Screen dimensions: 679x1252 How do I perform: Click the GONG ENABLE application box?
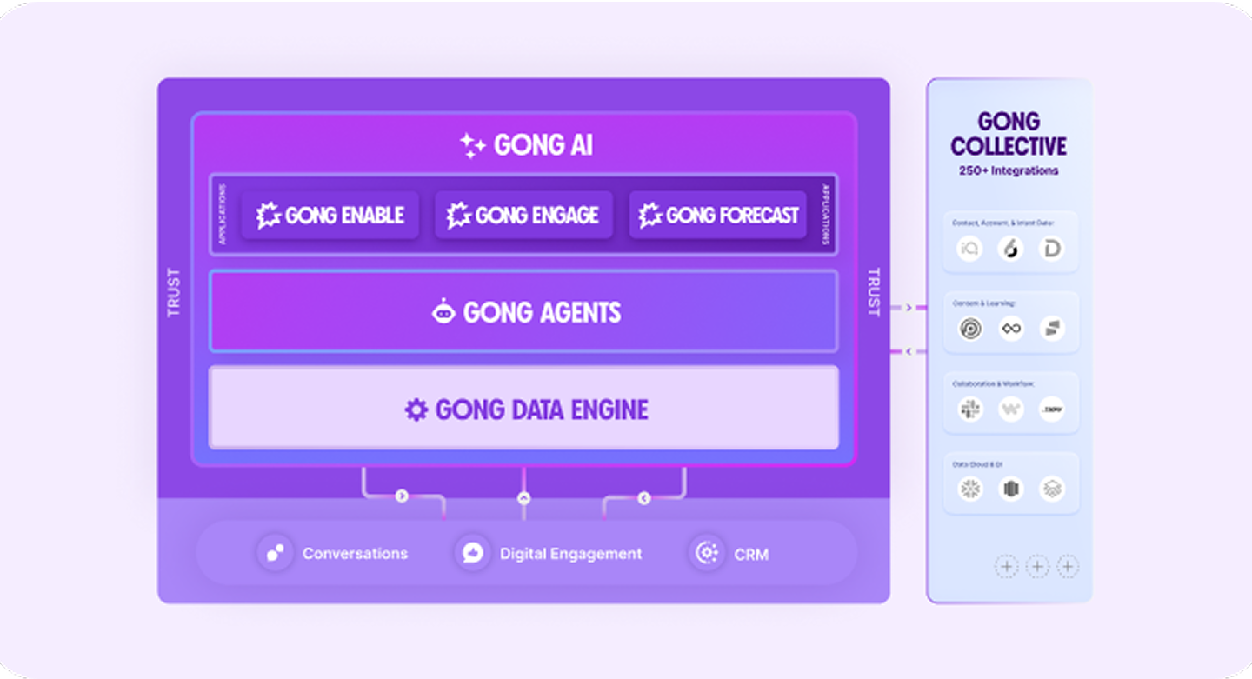pyautogui.click(x=330, y=215)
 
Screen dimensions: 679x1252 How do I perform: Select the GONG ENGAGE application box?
pyautogui.click(x=523, y=215)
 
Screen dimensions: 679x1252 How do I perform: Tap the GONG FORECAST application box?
pyautogui.click(x=718, y=215)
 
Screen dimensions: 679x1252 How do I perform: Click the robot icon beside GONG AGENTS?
pyautogui.click(x=444, y=311)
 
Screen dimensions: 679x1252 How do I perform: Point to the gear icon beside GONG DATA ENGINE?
pyautogui.click(x=416, y=409)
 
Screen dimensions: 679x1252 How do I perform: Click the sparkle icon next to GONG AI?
pyautogui.click(x=472, y=145)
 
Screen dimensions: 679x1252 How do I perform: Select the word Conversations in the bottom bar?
pyautogui.click(x=355, y=554)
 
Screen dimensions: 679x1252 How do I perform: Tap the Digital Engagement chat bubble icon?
pyautogui.click(x=473, y=553)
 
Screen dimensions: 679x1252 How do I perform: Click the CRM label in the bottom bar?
pyautogui.click(x=751, y=554)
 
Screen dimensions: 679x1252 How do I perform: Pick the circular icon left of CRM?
pyautogui.click(x=707, y=553)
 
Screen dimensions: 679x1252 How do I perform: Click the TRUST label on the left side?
pyautogui.click(x=174, y=292)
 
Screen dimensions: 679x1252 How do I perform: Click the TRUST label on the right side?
pyautogui.click(x=874, y=292)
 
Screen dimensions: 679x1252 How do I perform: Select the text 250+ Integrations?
pyautogui.click(x=1009, y=170)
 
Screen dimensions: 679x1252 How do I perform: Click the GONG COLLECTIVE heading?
pyautogui.click(x=1009, y=134)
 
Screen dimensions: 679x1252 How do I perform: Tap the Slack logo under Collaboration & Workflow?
pyautogui.click(x=969, y=409)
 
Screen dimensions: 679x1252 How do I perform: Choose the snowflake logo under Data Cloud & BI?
pyautogui.click(x=969, y=489)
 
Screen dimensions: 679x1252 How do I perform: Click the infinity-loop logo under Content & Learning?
pyautogui.click(x=1010, y=329)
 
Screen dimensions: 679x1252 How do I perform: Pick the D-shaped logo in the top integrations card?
pyautogui.click(x=1052, y=249)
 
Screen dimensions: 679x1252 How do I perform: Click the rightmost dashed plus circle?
pyautogui.click(x=1067, y=567)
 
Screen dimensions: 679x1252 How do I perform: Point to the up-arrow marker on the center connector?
pyautogui.click(x=523, y=498)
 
